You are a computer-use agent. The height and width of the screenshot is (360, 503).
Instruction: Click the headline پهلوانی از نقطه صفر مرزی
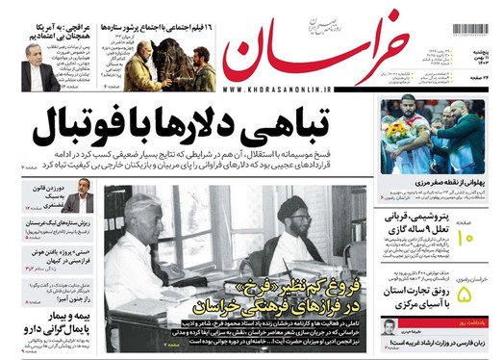pyautogui.click(x=443, y=179)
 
